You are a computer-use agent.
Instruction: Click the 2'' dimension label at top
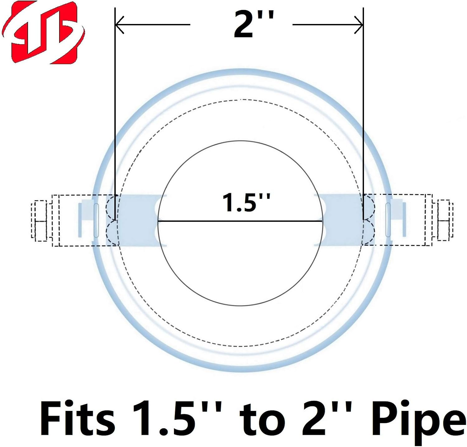[254, 24]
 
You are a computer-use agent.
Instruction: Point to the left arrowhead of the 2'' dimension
[120, 24]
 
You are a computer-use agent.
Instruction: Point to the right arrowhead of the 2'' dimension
[359, 24]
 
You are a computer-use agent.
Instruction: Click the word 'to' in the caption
[262, 421]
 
